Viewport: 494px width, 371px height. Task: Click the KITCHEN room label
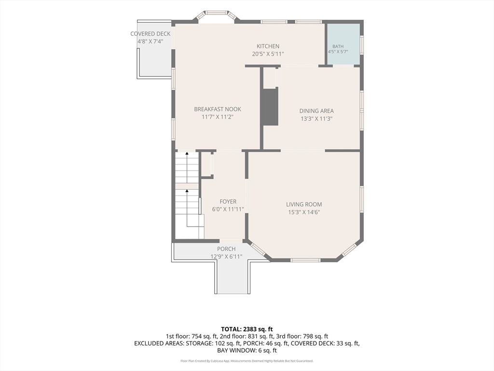click(x=268, y=46)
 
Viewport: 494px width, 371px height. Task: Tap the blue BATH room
click(x=343, y=44)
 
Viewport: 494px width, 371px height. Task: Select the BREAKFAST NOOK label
click(x=218, y=109)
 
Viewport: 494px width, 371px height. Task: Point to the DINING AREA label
click(x=316, y=111)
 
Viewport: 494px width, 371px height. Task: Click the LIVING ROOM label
click(x=304, y=204)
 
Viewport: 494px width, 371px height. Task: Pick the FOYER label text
click(x=228, y=201)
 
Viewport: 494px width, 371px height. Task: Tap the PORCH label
click(x=226, y=249)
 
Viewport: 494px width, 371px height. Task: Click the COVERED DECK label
click(x=151, y=34)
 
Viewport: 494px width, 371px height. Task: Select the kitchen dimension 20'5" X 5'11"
click(x=268, y=54)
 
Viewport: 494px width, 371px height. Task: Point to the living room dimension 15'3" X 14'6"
click(x=304, y=213)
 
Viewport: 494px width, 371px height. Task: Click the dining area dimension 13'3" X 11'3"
click(x=316, y=119)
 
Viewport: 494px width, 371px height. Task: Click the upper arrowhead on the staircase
click(x=187, y=154)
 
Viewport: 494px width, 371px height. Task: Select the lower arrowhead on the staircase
click(x=187, y=191)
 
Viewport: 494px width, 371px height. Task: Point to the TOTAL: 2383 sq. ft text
click(x=247, y=329)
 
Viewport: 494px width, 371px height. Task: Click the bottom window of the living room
click(x=305, y=260)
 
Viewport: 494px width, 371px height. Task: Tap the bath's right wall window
click(x=362, y=44)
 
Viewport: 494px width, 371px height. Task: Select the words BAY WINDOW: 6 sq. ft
click(x=247, y=351)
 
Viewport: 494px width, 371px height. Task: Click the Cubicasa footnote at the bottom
click(x=247, y=361)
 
